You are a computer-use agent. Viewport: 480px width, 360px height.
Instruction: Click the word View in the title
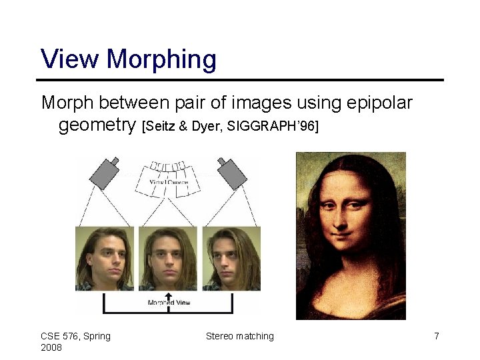(71, 59)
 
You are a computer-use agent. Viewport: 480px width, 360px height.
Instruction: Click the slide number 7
(437, 336)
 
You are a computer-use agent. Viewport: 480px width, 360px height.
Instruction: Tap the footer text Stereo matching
(240, 336)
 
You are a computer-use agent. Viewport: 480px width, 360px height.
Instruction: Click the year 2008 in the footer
(51, 347)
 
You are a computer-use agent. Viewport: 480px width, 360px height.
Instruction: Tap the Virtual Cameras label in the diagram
(168, 182)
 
